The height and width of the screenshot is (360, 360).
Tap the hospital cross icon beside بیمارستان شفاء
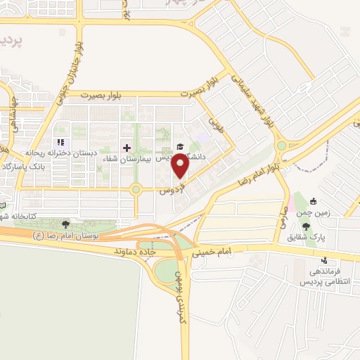[127, 148]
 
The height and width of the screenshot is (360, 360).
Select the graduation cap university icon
[179, 146]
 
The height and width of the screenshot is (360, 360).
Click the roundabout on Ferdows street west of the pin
[136, 188]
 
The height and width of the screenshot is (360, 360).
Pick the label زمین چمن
[333, 212]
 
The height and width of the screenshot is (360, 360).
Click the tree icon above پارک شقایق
[307, 225]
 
